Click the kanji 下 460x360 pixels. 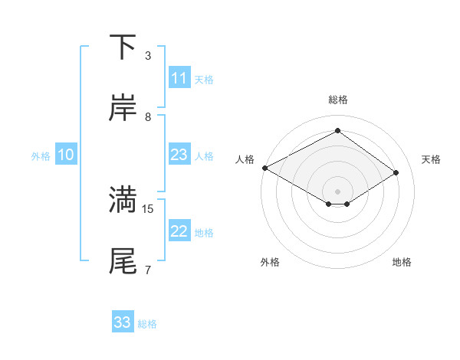point(123,47)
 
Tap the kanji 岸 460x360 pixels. point(123,109)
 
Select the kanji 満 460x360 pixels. point(123,200)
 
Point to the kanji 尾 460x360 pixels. point(123,261)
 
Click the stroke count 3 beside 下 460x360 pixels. point(148,56)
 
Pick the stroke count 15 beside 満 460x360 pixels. point(149,208)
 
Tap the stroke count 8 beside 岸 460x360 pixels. point(148,117)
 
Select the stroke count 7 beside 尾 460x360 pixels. point(148,270)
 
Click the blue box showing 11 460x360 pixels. point(179,78)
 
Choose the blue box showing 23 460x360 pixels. point(179,155)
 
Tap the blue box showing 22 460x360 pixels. point(179,231)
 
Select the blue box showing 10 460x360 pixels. point(66,155)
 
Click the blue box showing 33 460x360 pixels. point(123,322)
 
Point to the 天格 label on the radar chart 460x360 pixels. point(431,159)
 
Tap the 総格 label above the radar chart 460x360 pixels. point(338,100)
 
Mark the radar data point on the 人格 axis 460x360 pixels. point(264,168)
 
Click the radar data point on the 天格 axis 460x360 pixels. point(396,173)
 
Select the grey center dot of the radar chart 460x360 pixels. point(338,191)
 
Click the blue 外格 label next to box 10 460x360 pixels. point(41,155)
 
